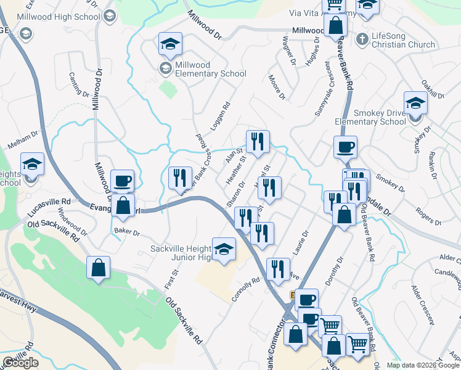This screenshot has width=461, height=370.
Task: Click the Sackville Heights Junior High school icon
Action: [224, 250]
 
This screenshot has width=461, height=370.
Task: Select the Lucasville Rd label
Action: [49, 202]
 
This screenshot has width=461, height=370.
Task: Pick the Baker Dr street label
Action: [127, 233]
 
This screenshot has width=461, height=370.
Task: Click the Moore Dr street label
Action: [277, 87]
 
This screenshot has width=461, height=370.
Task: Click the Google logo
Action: [20, 363]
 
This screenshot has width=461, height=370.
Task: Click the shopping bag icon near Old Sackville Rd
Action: [99, 268]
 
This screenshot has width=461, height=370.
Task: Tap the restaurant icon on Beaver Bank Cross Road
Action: [179, 178]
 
